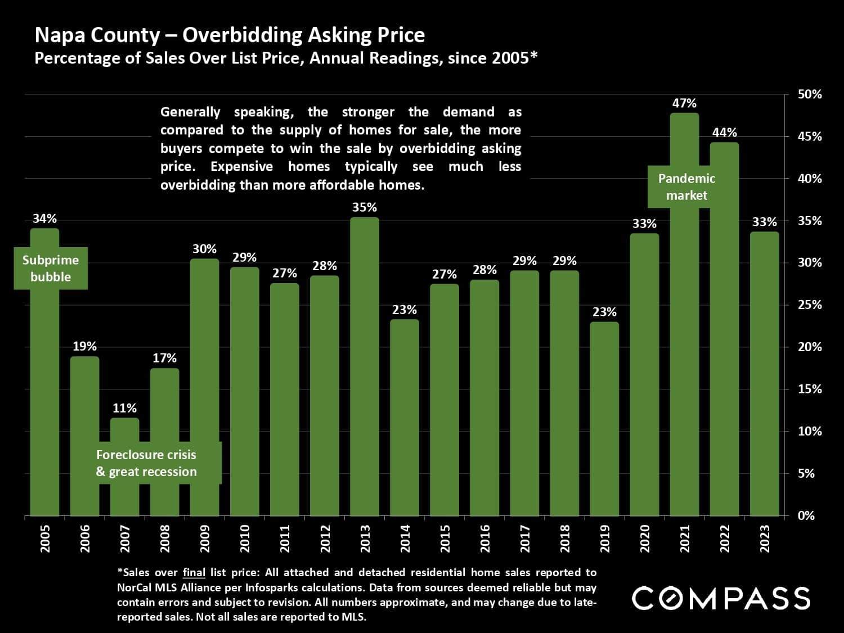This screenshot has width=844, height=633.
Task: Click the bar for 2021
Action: pyautogui.click(x=685, y=338)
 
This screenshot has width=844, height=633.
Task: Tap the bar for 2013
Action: pyautogui.click(x=365, y=366)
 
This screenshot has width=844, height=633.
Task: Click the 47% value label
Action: pyautogui.click(x=684, y=104)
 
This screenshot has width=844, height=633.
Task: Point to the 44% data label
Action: pyautogui.click(x=724, y=133)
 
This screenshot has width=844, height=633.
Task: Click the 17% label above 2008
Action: pyautogui.click(x=164, y=358)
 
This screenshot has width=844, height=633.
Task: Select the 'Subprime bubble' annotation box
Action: pyautogui.click(x=51, y=268)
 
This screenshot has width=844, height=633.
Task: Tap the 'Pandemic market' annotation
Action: pyautogui.click(x=686, y=187)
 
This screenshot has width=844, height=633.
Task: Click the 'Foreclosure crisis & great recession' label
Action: pyautogui.click(x=146, y=463)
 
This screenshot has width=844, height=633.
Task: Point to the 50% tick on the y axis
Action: pyautogui.click(x=810, y=95)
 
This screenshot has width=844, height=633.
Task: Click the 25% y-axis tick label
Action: pyautogui.click(x=810, y=305)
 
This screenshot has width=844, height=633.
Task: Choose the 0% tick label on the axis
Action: pyautogui.click(x=806, y=515)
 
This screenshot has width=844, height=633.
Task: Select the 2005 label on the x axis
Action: pyautogui.click(x=45, y=538)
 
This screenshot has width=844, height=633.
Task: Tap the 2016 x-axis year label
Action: pyautogui.click(x=484, y=538)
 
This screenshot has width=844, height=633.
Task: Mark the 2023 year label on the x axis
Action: pyautogui.click(x=764, y=538)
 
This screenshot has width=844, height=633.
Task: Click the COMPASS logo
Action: pyautogui.click(x=721, y=598)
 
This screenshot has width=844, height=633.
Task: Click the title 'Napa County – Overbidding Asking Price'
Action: pyautogui.click(x=230, y=35)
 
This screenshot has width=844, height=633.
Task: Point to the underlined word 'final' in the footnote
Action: pyautogui.click(x=194, y=573)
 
